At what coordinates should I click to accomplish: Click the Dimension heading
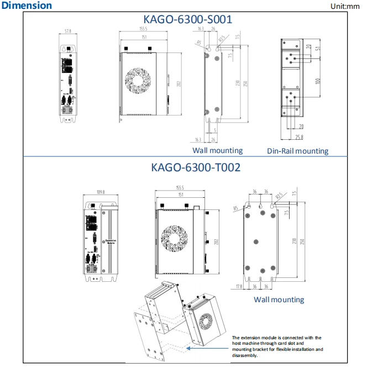pyautogui.click(x=27, y=6)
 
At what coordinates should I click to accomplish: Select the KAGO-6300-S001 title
pyautogui.click(x=187, y=19)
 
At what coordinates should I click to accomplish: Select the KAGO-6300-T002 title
pyautogui.click(x=188, y=167)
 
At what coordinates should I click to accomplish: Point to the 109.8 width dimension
pyautogui.click(x=101, y=192)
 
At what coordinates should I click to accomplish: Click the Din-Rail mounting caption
pyautogui.click(x=297, y=151)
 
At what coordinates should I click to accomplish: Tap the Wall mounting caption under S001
pyautogui.click(x=217, y=150)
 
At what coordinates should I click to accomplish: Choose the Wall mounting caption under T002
pyautogui.click(x=279, y=299)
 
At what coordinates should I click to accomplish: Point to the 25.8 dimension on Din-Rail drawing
pyautogui.click(x=299, y=136)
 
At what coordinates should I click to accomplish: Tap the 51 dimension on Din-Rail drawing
pyautogui.click(x=318, y=49)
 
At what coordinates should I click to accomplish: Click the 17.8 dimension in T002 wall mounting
pyautogui.click(x=239, y=287)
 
